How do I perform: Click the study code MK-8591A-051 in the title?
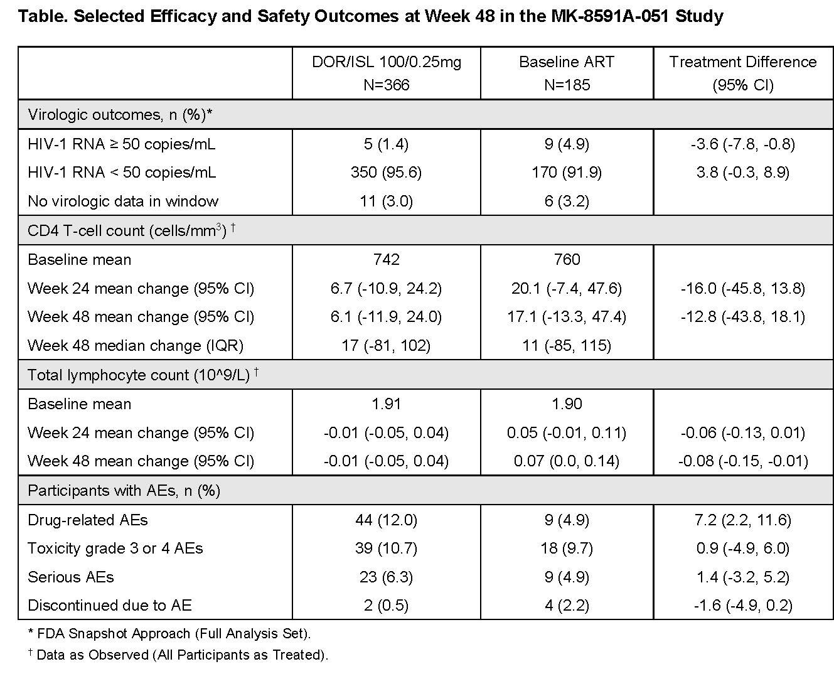coord(609,16)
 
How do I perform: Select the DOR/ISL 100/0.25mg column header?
coord(386,73)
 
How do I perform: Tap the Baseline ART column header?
coord(567,73)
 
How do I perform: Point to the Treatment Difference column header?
coord(743,73)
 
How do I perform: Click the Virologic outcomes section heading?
coord(120,115)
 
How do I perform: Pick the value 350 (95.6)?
coord(386,172)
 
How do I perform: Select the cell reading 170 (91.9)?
coord(567,172)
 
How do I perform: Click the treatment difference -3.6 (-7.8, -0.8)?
coord(743,144)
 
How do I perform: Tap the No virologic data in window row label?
coord(123,201)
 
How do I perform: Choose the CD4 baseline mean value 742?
coord(386,260)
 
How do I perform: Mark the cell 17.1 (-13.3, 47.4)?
coord(567,317)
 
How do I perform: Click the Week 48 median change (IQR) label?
coord(136,346)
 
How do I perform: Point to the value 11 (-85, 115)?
coord(567,346)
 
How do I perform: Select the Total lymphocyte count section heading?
coord(143,375)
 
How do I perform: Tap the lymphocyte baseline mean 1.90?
coord(567,404)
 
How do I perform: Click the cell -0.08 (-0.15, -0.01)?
coord(743,461)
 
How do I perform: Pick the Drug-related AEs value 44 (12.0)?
coord(386,520)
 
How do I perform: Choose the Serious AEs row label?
coord(71,577)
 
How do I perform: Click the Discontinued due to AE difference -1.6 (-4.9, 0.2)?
coord(743,605)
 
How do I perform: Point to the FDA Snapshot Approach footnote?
coord(169,633)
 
